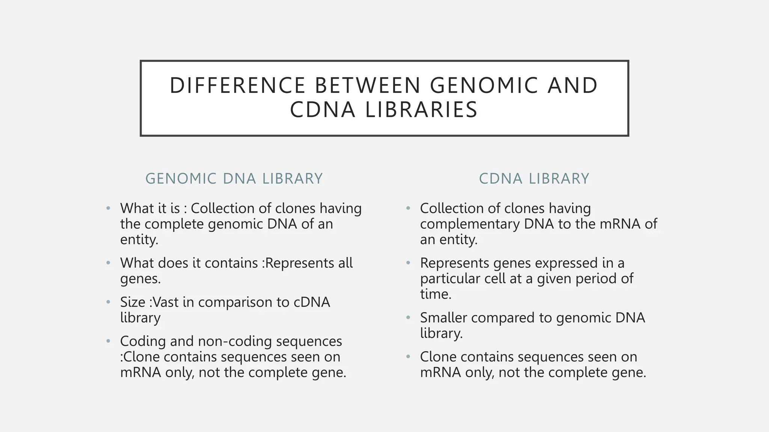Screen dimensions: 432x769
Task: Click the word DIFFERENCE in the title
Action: point(237,85)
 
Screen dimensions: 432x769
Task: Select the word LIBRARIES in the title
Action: point(421,110)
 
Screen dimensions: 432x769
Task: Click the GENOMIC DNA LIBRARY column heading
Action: point(234,178)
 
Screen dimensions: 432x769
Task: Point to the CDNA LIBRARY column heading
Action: point(534,178)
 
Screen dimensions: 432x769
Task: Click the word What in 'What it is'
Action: point(136,208)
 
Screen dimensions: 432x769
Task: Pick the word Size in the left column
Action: point(132,302)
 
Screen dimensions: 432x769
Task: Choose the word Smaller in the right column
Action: point(443,318)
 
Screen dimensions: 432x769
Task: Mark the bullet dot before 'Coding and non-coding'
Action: point(108,341)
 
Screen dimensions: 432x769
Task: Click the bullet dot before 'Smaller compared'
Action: point(408,318)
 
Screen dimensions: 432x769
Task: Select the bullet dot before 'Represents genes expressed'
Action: point(408,263)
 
